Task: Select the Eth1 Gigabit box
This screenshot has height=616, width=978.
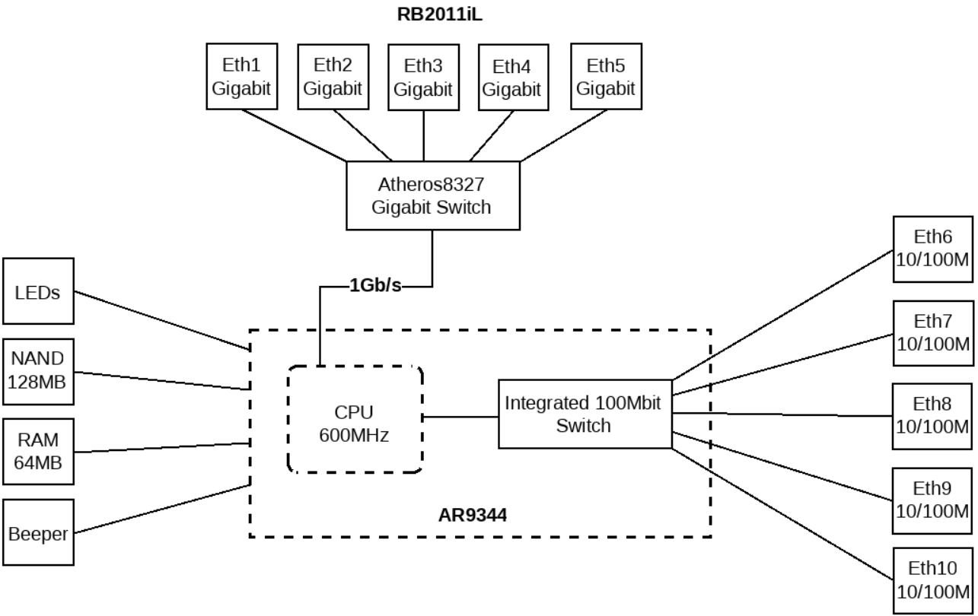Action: tap(241, 76)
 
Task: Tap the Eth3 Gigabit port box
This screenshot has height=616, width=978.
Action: tap(423, 76)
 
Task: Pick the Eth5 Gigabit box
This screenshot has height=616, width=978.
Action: tap(605, 76)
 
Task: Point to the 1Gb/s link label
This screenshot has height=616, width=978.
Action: tap(375, 287)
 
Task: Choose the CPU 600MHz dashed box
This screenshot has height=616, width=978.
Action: tap(355, 419)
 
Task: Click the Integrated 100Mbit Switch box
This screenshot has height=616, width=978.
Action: tap(585, 414)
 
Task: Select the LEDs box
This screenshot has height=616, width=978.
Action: tap(39, 294)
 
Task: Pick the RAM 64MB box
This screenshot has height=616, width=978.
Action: tap(39, 451)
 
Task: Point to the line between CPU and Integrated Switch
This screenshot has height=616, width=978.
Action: tap(460, 416)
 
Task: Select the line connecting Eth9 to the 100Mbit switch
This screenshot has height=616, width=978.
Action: tap(784, 467)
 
